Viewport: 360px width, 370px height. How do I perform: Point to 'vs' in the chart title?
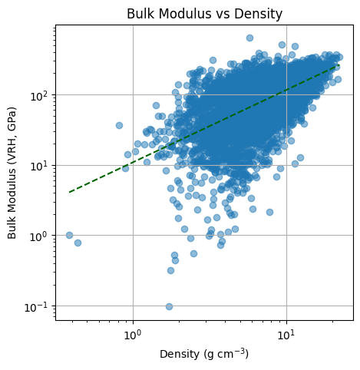(227, 13)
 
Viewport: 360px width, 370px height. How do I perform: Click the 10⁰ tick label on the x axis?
(133, 335)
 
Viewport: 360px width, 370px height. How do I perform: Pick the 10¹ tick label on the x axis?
(286, 335)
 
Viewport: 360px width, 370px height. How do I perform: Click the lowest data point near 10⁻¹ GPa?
(169, 306)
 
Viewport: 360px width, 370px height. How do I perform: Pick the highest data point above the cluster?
(249, 38)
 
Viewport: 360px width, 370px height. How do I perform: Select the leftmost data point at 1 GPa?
(69, 235)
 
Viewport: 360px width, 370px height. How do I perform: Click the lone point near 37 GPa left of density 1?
(119, 125)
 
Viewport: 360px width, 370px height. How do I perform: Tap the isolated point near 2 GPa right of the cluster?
(269, 212)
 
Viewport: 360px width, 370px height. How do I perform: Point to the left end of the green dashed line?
(70, 192)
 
